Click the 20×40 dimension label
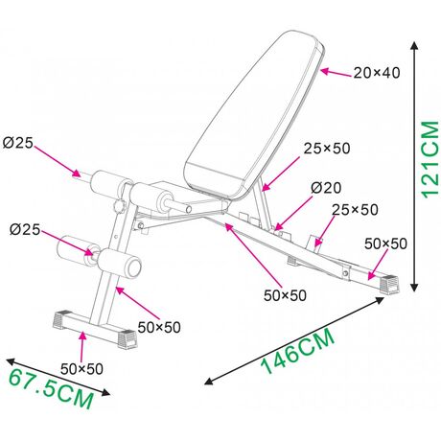point(377,73)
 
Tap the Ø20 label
point(326,188)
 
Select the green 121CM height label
point(429,160)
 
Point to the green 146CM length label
point(298,352)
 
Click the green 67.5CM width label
point(51,389)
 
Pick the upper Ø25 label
point(18,143)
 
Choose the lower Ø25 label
point(25,229)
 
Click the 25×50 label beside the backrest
point(327,149)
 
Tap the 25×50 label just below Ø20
point(355,210)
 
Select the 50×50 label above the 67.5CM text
point(81,369)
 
